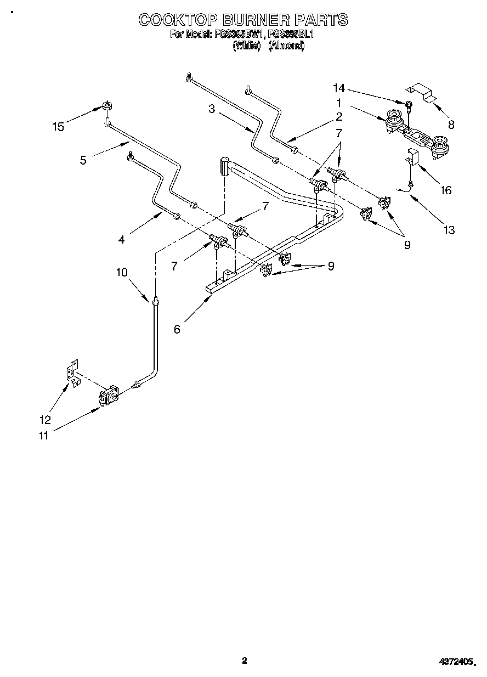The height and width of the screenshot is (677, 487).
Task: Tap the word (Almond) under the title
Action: coord(286,46)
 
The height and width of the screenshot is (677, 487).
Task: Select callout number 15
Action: coord(58,127)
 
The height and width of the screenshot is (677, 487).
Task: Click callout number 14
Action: coord(339,88)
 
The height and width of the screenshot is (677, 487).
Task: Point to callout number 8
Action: coord(451,125)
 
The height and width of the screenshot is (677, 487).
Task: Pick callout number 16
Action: coord(446,190)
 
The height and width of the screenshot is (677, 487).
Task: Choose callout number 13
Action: coord(449,230)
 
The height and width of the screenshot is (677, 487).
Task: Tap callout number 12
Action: coord(45,420)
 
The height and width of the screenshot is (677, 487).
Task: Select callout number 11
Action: coord(43,436)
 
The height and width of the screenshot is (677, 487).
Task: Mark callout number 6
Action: coord(177,329)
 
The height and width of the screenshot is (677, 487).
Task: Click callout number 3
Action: coord(211,109)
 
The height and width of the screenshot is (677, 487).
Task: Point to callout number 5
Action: coord(83,160)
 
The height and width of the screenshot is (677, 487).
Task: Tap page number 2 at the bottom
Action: coord(245,661)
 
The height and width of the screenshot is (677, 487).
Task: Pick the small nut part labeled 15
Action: coord(107,106)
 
